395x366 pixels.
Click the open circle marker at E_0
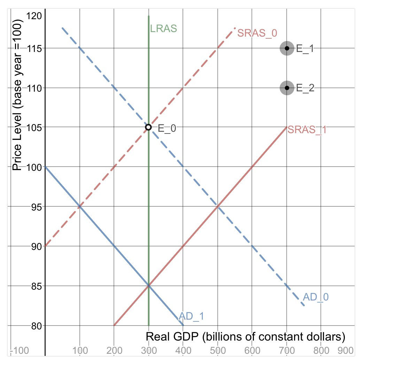[148, 127]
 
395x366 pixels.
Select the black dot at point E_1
[287, 48]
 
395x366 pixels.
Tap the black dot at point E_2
[287, 88]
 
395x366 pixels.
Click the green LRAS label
[163, 29]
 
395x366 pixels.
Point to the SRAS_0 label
[257, 33]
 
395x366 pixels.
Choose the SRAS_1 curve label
[307, 130]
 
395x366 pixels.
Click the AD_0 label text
[316, 297]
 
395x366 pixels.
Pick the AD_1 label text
[191, 316]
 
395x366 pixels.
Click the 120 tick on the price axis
[34, 16]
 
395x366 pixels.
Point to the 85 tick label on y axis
[34, 286]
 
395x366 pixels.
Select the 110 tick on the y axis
[34, 88]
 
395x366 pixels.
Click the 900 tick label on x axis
[346, 350]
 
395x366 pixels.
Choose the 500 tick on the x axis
[218, 350]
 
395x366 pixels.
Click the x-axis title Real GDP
[245, 337]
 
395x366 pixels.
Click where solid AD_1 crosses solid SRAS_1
[149, 286]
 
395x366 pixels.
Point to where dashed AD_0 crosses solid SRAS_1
[218, 207]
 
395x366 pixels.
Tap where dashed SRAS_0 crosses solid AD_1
[80, 207]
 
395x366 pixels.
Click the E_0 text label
[167, 128]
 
